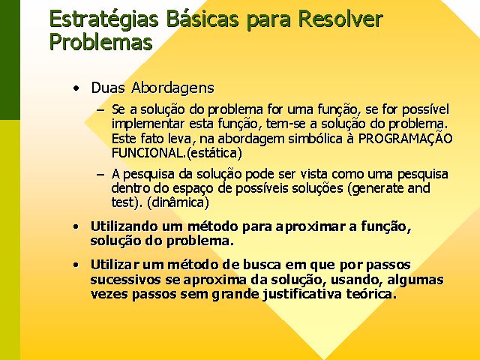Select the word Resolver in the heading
tap(340, 19)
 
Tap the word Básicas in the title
tap(202, 19)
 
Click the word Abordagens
tap(172, 88)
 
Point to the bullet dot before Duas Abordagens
tap(76, 88)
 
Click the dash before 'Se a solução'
tap(100, 110)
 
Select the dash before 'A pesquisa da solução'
tap(100, 175)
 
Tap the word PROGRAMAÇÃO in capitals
tap(405, 138)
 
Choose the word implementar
tap(148, 124)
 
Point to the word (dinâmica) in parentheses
tap(178, 202)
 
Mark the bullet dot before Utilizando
tap(76, 227)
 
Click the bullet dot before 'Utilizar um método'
tap(76, 265)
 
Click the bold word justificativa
tap(302, 294)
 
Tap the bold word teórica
tap(371, 294)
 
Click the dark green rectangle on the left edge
tap(10, 60)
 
